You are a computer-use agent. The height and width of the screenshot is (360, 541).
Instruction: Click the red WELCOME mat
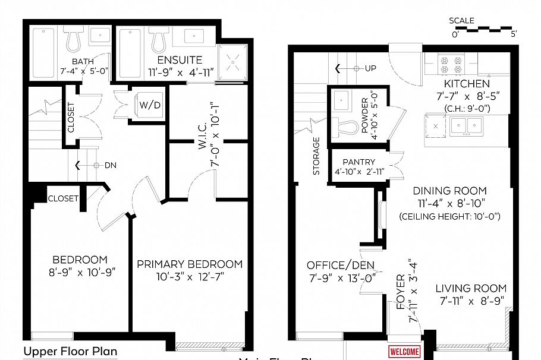[404, 352]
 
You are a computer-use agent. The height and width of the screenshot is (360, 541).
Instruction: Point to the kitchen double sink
[466, 126]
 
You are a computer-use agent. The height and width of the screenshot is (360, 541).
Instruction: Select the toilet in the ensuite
[159, 40]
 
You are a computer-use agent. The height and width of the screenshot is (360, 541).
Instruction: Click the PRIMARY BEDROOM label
[190, 264]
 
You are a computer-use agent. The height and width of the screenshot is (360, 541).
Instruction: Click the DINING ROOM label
[449, 191]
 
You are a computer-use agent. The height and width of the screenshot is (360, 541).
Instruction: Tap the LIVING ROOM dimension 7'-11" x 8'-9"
[470, 301]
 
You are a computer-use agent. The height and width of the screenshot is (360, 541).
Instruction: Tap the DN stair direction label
[110, 165]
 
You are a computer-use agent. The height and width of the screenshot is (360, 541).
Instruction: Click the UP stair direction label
[370, 68]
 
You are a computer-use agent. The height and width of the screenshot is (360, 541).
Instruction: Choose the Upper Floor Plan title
[70, 351]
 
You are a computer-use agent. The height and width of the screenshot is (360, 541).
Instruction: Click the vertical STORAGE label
[316, 156]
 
